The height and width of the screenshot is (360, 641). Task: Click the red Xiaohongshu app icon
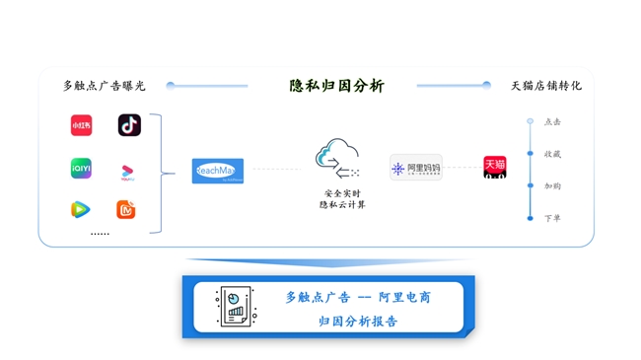pyautogui.click(x=81, y=125)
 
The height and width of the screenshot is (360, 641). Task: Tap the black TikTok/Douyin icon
pyautogui.click(x=129, y=125)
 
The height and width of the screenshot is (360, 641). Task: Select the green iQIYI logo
pyautogui.click(x=81, y=169)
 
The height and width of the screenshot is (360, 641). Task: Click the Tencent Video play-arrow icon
pyautogui.click(x=81, y=209)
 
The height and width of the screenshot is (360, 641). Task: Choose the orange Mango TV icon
pyautogui.click(x=126, y=209)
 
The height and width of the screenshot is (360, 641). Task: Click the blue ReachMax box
pyautogui.click(x=218, y=171)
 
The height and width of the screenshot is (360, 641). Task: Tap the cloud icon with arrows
pyautogui.click(x=337, y=159)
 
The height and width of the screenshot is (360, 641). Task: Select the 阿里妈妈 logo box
pyautogui.click(x=415, y=169)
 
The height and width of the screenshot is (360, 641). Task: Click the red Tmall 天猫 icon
pyautogui.click(x=494, y=167)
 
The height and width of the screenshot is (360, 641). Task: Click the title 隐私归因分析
pyautogui.click(x=336, y=86)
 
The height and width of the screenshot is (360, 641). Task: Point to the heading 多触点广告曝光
pyautogui.click(x=104, y=86)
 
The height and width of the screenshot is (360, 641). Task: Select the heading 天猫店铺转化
pyautogui.click(x=545, y=86)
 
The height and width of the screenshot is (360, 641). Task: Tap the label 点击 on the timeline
pyautogui.click(x=552, y=122)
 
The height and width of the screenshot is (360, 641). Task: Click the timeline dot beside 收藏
pyautogui.click(x=531, y=154)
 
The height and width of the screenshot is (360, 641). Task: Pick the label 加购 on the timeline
pyautogui.click(x=552, y=186)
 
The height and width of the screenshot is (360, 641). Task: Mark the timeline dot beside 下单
pyautogui.click(x=531, y=218)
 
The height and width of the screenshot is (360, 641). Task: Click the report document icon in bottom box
pyautogui.click(x=235, y=307)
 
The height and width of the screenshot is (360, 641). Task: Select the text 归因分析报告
pyautogui.click(x=358, y=321)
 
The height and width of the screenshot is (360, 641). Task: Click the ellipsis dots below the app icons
pyautogui.click(x=100, y=235)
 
